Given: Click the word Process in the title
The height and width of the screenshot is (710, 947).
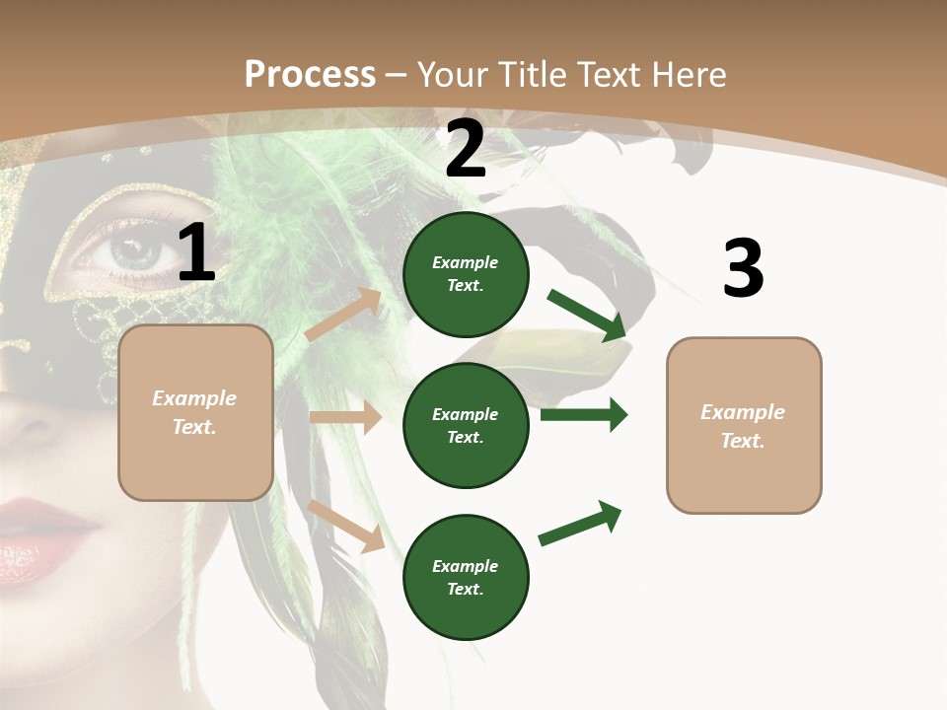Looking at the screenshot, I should click(x=310, y=75).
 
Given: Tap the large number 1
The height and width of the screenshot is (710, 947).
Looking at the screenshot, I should click(x=196, y=253).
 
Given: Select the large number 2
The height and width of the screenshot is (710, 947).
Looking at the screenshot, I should click(x=466, y=149).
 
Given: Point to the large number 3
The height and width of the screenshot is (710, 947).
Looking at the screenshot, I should click(x=743, y=268).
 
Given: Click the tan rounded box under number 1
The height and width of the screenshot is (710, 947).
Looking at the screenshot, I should click(x=195, y=412).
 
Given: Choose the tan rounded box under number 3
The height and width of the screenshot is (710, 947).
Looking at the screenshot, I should click(x=744, y=426).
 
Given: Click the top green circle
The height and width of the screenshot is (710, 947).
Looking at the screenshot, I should click(x=466, y=274).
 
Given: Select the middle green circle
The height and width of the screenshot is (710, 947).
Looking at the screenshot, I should click(x=466, y=425).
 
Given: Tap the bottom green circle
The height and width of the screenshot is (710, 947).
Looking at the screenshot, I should click(x=466, y=577).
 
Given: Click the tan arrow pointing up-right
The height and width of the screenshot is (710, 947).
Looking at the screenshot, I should click(x=343, y=315).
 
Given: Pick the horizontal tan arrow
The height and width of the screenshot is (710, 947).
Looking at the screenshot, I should click(x=345, y=417).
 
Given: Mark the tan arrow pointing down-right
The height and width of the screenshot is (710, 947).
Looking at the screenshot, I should click(x=346, y=525).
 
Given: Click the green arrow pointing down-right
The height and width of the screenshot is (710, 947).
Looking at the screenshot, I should click(x=588, y=315).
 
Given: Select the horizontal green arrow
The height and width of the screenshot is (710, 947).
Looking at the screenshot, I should click(x=584, y=415).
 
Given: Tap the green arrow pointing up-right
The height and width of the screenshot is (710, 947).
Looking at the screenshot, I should click(x=581, y=523).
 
